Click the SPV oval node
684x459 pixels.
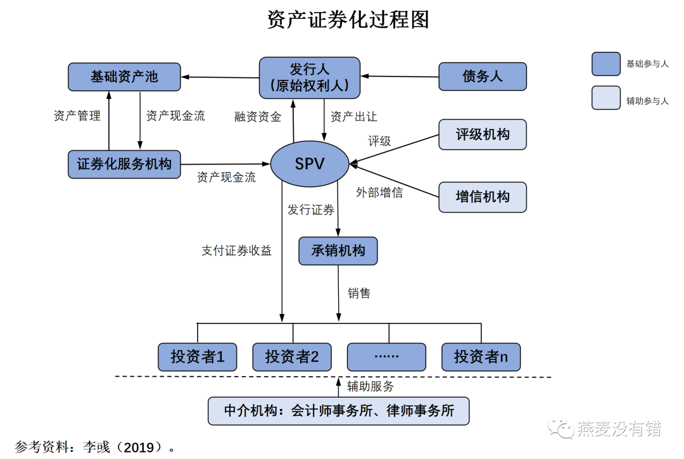[310, 164]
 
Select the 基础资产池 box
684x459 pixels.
[124, 77]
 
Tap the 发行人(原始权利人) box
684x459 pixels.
[309, 77]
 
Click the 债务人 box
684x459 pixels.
[483, 77]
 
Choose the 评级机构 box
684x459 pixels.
[483, 134]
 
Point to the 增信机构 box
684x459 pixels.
[483, 196]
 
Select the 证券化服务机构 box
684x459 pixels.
[124, 164]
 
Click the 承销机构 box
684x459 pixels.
[338, 251]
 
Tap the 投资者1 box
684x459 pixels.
[198, 357]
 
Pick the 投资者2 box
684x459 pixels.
[292, 357]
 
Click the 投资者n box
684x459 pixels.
[481, 357]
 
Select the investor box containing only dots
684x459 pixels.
[386, 357]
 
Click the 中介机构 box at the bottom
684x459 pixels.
[339, 410]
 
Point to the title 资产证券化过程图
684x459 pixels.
[348, 20]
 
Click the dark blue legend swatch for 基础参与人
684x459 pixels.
[605, 64]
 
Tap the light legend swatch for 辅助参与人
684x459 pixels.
[605, 98]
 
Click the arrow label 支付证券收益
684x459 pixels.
[236, 251]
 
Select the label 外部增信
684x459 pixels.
[379, 192]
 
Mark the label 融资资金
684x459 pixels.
[257, 116]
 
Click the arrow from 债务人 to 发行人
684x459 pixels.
[400, 77]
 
